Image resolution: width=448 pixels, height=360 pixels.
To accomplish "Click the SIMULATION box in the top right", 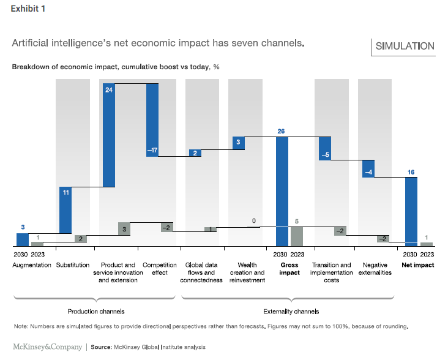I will click(x=405, y=47).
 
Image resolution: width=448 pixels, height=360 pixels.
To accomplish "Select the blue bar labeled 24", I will click(x=109, y=135).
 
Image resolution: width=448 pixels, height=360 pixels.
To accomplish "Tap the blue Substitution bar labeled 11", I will click(x=65, y=210).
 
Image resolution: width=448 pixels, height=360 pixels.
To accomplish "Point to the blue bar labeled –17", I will click(x=152, y=120).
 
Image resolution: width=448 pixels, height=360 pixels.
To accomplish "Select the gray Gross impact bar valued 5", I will click(x=296, y=236).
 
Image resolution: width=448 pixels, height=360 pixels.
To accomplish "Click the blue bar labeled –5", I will click(x=325, y=148).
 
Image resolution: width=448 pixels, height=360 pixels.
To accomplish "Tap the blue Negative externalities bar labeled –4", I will click(x=368, y=168).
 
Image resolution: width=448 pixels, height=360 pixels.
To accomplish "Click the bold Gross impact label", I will click(x=289, y=269).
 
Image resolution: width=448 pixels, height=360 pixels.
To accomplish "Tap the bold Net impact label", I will click(x=417, y=265).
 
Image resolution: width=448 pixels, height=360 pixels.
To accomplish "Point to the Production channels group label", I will click(x=95, y=311).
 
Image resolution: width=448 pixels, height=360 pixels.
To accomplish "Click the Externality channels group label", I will click(x=291, y=311).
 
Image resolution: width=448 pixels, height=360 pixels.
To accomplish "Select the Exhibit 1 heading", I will click(x=28, y=9).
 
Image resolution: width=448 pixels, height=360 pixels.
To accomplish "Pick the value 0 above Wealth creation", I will click(x=253, y=220).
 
